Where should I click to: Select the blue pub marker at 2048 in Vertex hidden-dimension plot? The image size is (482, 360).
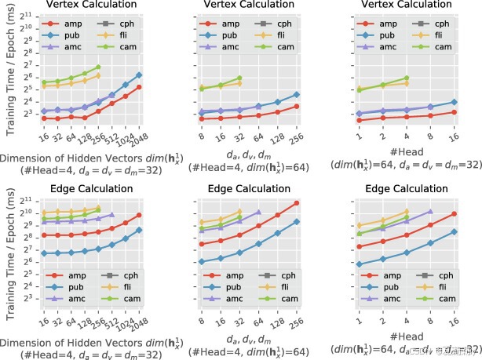[140, 75]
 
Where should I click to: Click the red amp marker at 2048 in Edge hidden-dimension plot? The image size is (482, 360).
[140, 215]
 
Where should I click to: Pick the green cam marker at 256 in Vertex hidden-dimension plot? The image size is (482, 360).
[98, 67]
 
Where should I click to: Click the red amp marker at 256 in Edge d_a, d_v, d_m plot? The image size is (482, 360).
[296, 203]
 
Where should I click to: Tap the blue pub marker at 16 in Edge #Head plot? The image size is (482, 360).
[455, 231]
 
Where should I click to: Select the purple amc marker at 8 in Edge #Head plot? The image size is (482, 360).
[429, 211]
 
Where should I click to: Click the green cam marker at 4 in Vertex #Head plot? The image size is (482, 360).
[407, 78]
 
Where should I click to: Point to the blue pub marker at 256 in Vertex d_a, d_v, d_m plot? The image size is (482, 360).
[296, 94]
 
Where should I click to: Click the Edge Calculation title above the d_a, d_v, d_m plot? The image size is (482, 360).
[250, 188]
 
